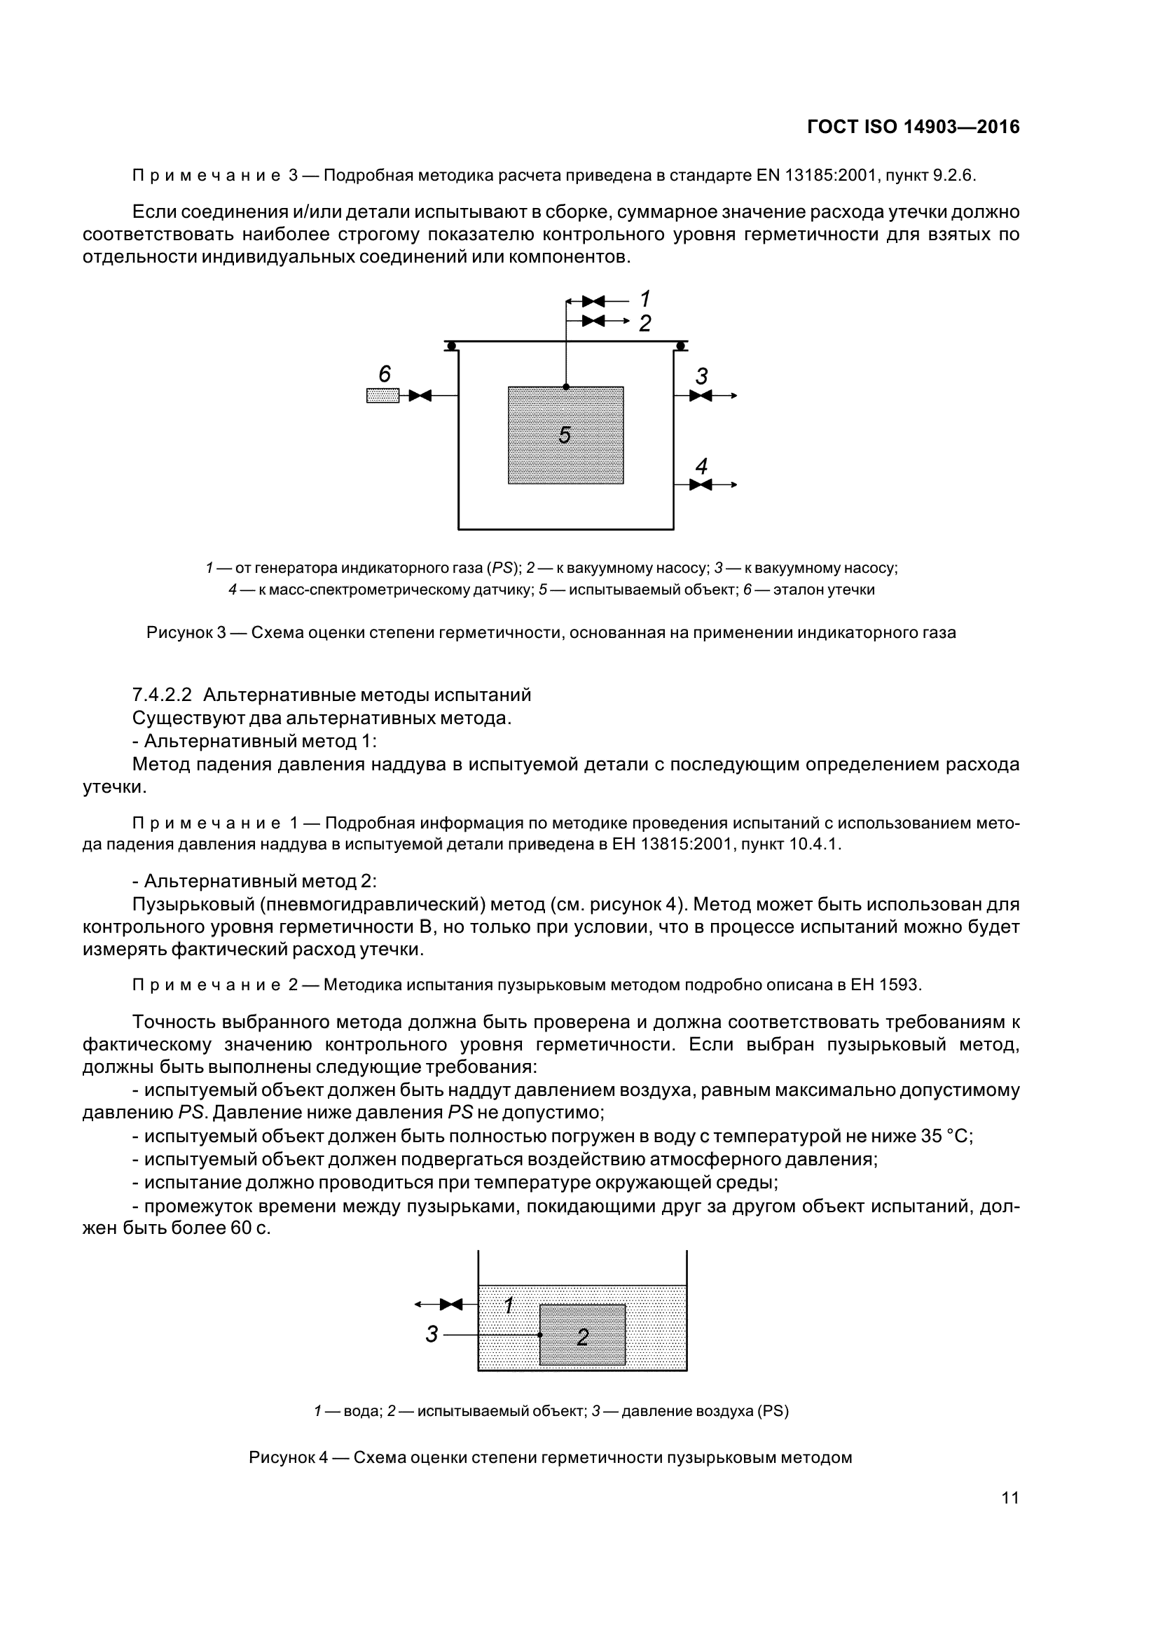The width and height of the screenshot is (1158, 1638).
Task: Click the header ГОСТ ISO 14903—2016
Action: coord(914,127)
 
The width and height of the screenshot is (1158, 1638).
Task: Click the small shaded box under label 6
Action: coord(382,395)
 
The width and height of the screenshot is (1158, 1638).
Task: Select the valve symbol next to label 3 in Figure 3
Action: coord(701,395)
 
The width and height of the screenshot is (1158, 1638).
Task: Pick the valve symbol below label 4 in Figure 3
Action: coord(701,485)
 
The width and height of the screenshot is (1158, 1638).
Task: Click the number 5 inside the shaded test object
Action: coord(565,434)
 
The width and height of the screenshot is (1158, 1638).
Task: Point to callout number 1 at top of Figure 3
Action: coord(645,298)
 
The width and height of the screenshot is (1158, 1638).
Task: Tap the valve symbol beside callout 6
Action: coord(420,395)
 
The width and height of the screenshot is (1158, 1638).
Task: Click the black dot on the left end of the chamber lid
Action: coord(452,346)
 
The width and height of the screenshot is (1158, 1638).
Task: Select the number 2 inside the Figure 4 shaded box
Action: coord(582,1338)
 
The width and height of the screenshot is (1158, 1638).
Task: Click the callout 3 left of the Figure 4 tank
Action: coord(431,1334)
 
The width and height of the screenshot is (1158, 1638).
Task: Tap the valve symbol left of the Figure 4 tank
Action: coord(451,1305)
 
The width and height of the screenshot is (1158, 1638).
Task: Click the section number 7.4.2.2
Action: coord(162,695)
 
